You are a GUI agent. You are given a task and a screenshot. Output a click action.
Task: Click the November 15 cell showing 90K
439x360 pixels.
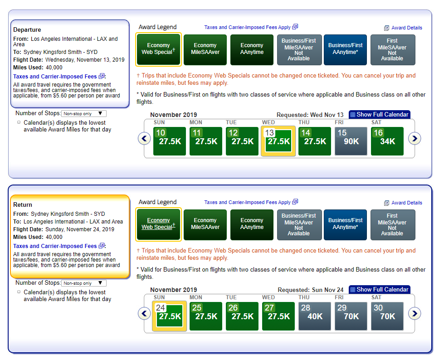[351, 141]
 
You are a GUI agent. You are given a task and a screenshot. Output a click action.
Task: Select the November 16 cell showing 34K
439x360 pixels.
[387, 141]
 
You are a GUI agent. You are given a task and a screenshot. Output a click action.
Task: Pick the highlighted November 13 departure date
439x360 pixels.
[278, 141]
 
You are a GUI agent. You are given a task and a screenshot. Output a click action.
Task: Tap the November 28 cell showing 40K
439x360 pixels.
[315, 316]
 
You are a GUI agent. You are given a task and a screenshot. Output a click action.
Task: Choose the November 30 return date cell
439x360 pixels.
[387, 316]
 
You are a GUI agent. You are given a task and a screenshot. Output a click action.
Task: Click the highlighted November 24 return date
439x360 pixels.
[169, 316]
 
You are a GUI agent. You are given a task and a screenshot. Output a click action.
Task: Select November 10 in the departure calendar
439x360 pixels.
[169, 141]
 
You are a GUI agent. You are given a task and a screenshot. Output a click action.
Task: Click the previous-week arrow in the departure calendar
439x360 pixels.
[145, 139]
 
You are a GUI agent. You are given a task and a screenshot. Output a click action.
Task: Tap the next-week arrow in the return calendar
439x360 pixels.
[415, 314]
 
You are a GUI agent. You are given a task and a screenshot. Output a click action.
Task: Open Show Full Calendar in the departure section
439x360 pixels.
[380, 115]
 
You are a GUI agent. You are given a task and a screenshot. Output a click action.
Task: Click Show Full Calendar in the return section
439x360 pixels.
[380, 289]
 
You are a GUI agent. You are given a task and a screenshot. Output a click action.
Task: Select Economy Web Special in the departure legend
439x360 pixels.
[158, 49]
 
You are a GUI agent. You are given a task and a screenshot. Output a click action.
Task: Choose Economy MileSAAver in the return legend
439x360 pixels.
[205, 225]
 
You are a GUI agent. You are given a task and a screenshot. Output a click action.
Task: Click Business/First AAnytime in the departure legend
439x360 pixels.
[345, 50]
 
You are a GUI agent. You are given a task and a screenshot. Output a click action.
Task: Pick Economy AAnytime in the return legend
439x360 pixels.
[252, 225]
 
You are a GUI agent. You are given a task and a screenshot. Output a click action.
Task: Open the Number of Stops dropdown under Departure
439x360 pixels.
[84, 114]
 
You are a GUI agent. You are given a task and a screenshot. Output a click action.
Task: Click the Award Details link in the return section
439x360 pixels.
[403, 203]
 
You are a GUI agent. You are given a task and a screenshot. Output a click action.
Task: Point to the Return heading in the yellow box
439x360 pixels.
[23, 204]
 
